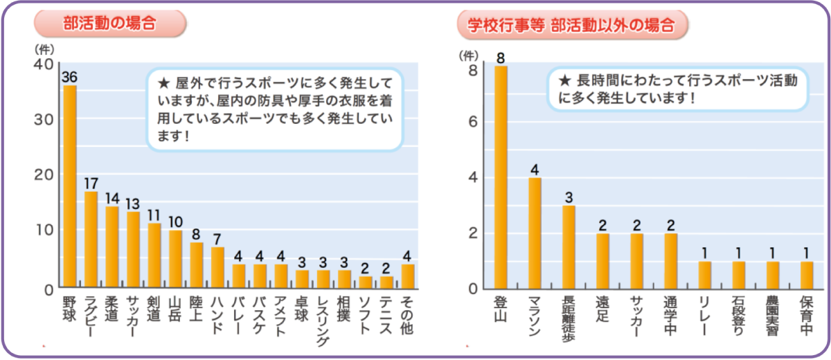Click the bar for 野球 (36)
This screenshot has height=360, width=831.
click(x=70, y=186)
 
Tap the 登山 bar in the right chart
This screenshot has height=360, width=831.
click(x=501, y=177)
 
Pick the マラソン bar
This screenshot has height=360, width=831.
click(x=535, y=233)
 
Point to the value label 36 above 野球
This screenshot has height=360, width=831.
click(x=69, y=77)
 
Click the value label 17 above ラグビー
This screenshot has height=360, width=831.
click(x=91, y=183)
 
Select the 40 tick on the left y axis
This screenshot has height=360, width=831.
click(x=42, y=64)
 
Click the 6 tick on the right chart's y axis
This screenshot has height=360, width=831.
click(x=474, y=123)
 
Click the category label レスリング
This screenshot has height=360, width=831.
click(x=323, y=321)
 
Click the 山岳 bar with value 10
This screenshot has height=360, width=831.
click(x=176, y=258)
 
